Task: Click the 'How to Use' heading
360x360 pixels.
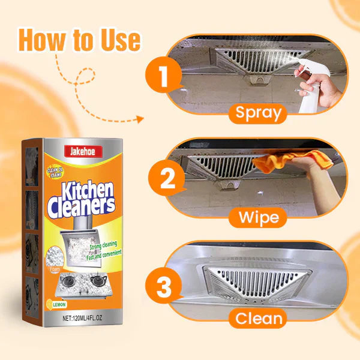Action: (x=80, y=40)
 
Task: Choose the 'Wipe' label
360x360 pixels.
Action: (x=259, y=216)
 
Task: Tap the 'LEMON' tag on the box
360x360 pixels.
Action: (x=62, y=305)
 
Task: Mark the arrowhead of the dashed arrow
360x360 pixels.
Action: (x=140, y=119)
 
